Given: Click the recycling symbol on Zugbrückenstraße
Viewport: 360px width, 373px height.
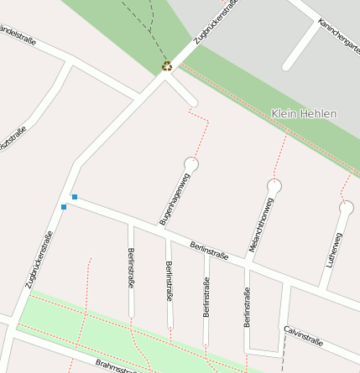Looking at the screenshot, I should pyautogui.click(x=167, y=65).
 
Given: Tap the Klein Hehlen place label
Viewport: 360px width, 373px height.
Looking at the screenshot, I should pyautogui.click(x=304, y=113).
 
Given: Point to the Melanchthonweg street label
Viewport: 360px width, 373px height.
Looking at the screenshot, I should pyautogui.click(x=262, y=225).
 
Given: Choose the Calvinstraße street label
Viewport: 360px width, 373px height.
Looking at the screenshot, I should pyautogui.click(x=303, y=335).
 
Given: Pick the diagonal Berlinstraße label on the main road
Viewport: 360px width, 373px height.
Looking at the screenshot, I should pyautogui.click(x=210, y=249).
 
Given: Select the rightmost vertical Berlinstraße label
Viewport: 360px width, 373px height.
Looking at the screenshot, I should pyautogui.click(x=247, y=307).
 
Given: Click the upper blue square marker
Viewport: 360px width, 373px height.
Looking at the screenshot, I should pyautogui.click(x=75, y=197).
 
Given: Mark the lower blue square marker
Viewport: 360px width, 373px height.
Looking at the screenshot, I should pyautogui.click(x=64, y=206).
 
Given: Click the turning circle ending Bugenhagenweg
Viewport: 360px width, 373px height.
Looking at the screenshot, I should pyautogui.click(x=191, y=165).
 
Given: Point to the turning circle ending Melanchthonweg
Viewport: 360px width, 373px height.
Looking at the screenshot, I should pyautogui.click(x=274, y=185).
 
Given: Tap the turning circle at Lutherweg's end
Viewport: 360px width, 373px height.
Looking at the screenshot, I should pyautogui.click(x=346, y=207).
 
